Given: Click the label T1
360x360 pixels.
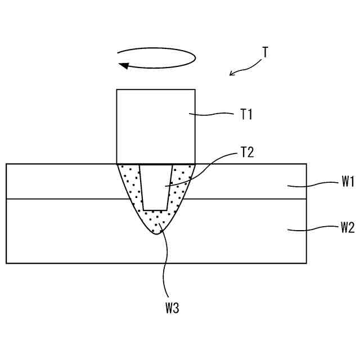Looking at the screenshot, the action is point(246,115).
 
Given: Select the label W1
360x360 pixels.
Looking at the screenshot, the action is point(347,182).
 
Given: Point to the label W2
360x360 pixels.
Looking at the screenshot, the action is point(347,228).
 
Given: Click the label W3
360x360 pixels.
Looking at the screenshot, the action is point(172,308).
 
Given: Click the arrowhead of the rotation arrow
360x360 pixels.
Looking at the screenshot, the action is point(124,65).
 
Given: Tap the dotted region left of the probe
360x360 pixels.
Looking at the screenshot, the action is point(131,180).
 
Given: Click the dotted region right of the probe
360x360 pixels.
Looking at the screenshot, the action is point(181,180).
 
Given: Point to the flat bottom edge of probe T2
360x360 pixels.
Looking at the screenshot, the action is point(156,210).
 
